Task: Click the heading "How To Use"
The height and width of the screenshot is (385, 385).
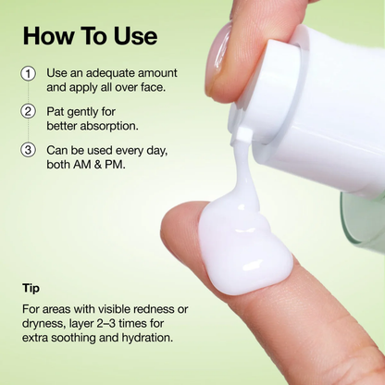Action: tap(91, 36)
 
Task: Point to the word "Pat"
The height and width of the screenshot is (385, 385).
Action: tap(58, 111)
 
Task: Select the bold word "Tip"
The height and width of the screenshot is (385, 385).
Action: tap(31, 288)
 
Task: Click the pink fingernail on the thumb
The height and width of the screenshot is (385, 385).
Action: tap(220, 51)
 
